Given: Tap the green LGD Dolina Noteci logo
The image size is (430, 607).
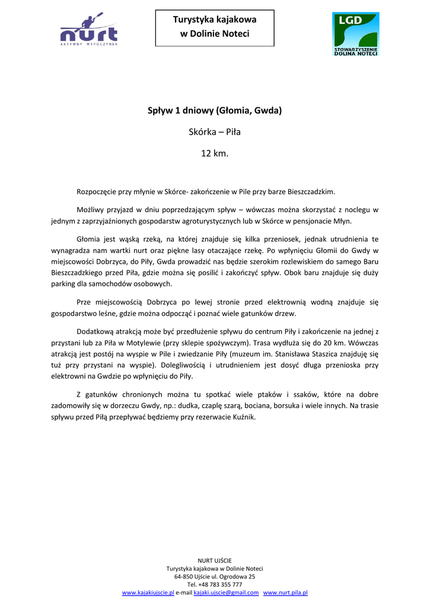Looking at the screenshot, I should click(x=355, y=34).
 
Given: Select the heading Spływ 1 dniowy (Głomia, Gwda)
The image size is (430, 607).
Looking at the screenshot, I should click(x=215, y=111).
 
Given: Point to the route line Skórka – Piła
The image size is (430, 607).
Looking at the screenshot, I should click(x=215, y=132).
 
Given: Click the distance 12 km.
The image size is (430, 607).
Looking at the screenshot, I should click(x=215, y=154).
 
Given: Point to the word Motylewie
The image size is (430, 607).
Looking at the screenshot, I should click(x=184, y=342).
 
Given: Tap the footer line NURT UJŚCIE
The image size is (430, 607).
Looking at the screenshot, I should click(x=215, y=560).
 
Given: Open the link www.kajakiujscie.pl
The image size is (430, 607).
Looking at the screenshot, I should click(x=148, y=592).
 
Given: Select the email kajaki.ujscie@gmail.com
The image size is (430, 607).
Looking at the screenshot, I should click(x=226, y=592).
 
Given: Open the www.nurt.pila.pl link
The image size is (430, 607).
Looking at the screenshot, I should click(x=285, y=592).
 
